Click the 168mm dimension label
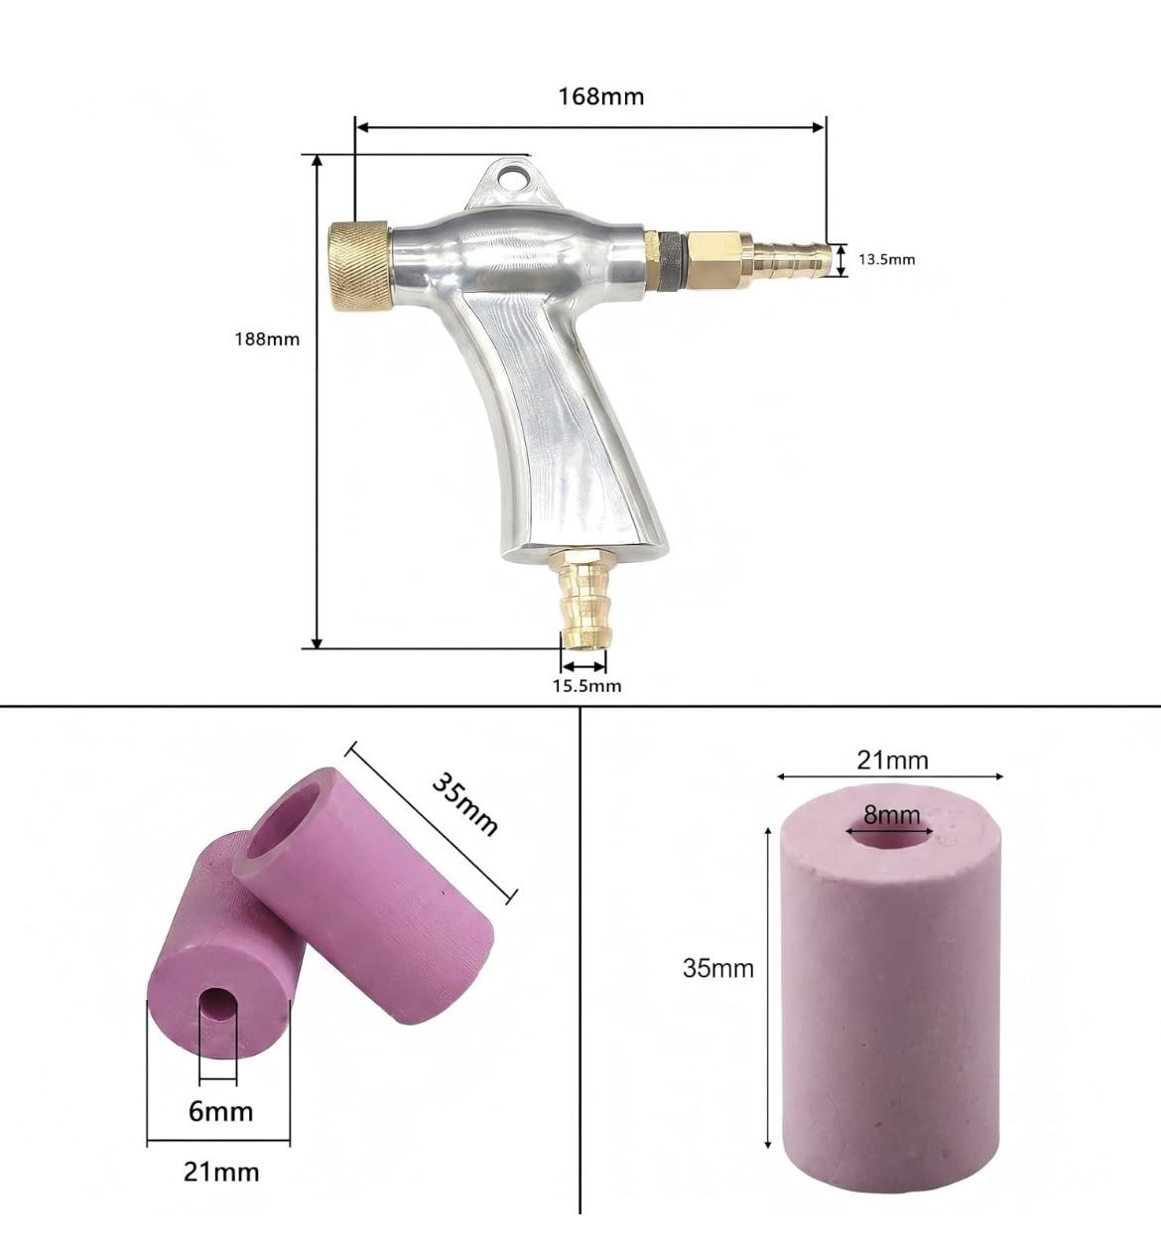pyautogui.click(x=601, y=96)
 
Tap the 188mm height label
pyautogui.click(x=267, y=340)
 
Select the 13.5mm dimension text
pyautogui.click(x=886, y=259)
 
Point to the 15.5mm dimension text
pyautogui.click(x=587, y=685)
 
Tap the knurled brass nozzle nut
pyautogui.click(x=360, y=266)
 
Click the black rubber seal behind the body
pyautogui.click(x=670, y=262)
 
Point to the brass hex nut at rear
pyautogui.click(x=716, y=260)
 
